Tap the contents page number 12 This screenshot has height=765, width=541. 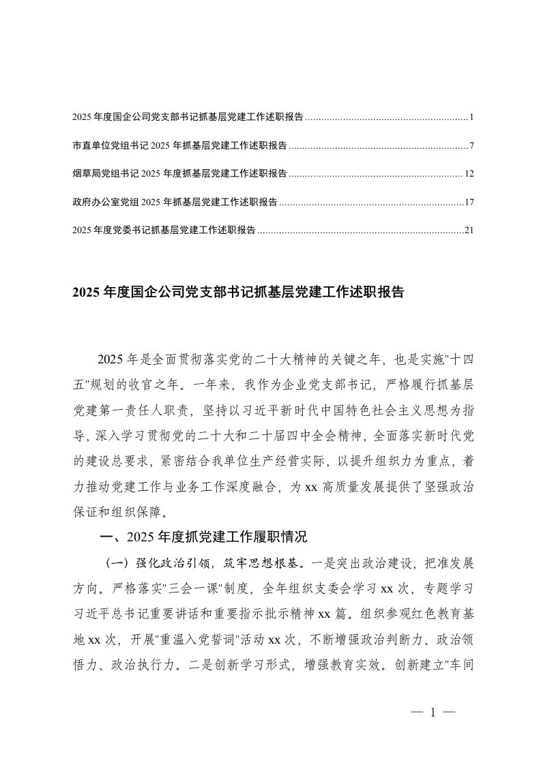pyautogui.click(x=469, y=174)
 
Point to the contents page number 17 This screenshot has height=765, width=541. pyautogui.click(x=469, y=202)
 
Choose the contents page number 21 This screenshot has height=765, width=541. pyautogui.click(x=469, y=230)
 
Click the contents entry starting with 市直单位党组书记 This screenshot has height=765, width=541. pyautogui.click(x=179, y=146)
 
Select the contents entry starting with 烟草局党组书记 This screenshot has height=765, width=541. pyautogui.click(x=179, y=174)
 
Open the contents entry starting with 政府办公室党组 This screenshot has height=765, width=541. pyautogui.click(x=174, y=202)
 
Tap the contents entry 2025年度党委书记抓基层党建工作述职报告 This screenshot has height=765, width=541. pyautogui.click(x=164, y=230)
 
